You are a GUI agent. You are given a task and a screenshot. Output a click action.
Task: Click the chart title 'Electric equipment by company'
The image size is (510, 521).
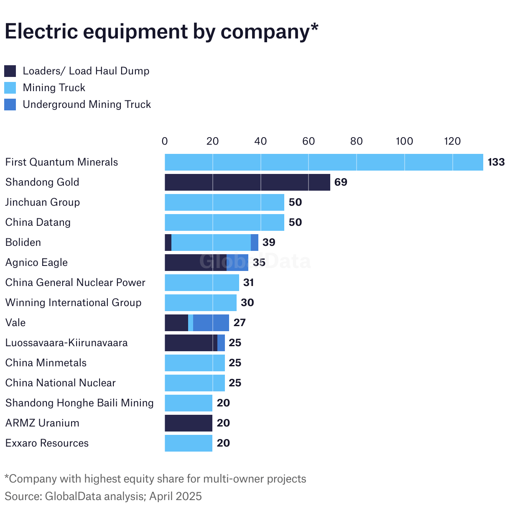[161, 32]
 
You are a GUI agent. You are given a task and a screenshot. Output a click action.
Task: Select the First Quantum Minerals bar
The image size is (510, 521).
[324, 162]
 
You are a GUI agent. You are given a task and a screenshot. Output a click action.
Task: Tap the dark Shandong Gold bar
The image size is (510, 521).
[247, 182]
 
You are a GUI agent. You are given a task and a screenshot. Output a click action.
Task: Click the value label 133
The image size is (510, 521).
[496, 162]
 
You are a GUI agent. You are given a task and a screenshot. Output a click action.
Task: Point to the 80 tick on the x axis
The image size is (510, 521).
[356, 141]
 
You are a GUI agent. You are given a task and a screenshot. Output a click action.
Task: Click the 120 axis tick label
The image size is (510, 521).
[452, 141]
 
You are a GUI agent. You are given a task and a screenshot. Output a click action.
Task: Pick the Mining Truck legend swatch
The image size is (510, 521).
[10, 88]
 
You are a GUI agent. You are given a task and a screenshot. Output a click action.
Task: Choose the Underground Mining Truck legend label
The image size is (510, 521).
[87, 105]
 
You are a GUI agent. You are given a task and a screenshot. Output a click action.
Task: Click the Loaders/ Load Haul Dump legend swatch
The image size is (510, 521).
[10, 71]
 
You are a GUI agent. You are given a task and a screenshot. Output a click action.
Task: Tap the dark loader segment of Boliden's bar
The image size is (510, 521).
[168, 243]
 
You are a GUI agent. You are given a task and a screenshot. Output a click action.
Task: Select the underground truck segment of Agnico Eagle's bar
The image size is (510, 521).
[237, 263]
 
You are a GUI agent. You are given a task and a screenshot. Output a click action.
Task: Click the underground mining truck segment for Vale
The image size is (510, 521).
[211, 323]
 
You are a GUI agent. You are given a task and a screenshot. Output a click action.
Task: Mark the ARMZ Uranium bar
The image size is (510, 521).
[189, 423]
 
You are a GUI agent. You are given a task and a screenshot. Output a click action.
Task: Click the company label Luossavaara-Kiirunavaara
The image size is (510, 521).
[66, 343]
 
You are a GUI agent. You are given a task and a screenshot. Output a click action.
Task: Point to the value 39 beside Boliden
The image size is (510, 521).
[269, 243]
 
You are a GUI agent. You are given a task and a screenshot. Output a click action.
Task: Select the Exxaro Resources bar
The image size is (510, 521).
[189, 443]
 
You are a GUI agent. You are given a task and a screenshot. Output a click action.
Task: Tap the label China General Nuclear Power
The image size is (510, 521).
[75, 283]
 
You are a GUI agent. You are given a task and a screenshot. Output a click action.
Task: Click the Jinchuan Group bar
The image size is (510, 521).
[224, 202]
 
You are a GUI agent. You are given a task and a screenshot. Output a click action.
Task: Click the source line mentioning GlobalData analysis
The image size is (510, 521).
[103, 496]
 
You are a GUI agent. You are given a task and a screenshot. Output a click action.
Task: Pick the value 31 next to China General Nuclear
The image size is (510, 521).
[249, 283]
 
